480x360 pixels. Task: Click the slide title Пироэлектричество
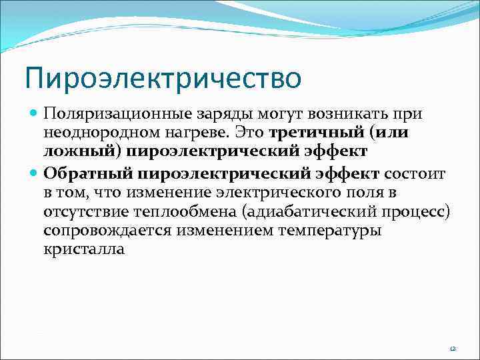pos(163,77)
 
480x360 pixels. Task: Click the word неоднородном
pos(95,133)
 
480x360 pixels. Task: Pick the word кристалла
pos(84,249)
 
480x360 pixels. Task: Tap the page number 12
pos(453,349)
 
